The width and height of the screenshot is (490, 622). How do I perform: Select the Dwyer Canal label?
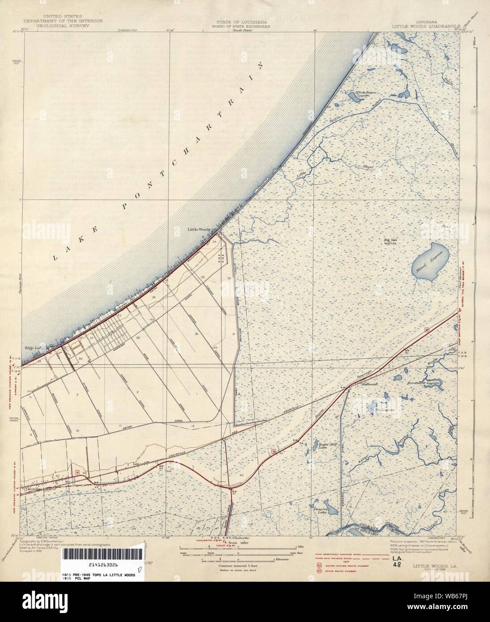click(x=130, y=426)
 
